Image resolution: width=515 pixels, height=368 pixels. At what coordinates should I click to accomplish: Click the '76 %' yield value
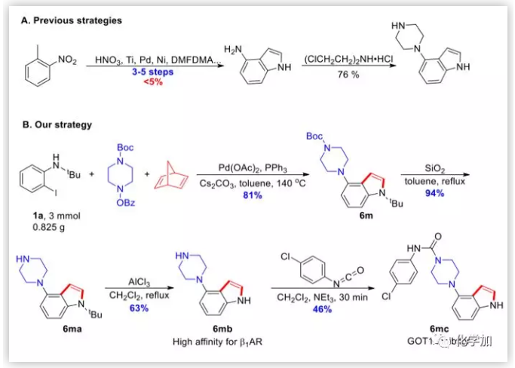(x=349, y=73)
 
